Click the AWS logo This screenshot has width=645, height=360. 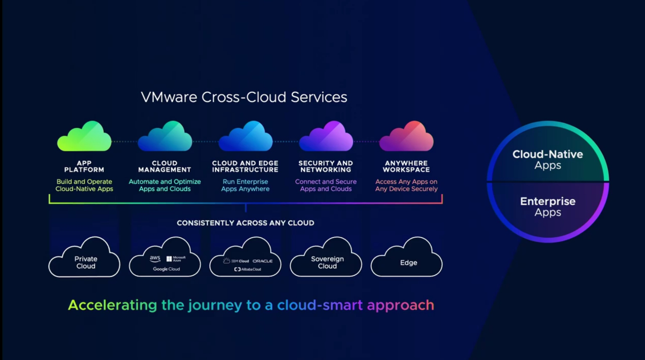click(x=155, y=259)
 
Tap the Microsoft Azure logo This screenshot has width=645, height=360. click(x=176, y=259)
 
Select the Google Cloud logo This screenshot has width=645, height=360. click(x=166, y=269)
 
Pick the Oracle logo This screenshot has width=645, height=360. click(x=263, y=261)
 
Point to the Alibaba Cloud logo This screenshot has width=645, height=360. click(x=247, y=270)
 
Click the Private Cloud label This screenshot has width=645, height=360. click(x=86, y=263)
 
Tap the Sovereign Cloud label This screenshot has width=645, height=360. click(x=327, y=263)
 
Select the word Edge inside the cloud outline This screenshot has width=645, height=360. click(x=409, y=263)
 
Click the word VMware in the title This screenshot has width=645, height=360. click(x=169, y=97)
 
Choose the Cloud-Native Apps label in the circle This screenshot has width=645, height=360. click(x=548, y=159)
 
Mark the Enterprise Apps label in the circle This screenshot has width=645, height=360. click(x=548, y=206)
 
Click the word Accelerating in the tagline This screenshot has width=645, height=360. click(x=112, y=305)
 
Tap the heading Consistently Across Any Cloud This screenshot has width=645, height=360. click(x=245, y=223)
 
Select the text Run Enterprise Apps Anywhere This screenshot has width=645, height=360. click(x=245, y=185)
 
